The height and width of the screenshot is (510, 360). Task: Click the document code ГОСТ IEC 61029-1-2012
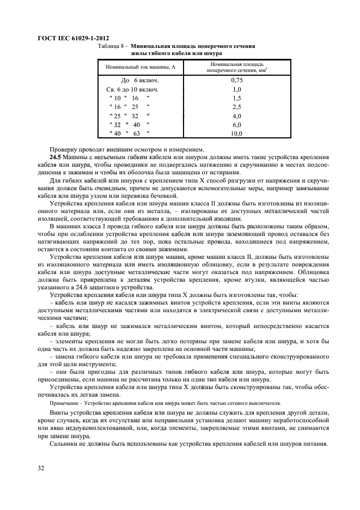(72, 38)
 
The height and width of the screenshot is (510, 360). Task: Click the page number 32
(41, 469)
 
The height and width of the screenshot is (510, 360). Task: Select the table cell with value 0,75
(236, 80)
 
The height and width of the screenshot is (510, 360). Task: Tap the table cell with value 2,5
(236, 106)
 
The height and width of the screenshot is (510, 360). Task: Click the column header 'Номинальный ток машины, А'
(140, 68)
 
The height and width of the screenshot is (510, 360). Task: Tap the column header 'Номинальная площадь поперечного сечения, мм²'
(236, 68)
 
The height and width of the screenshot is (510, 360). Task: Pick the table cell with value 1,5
(236, 98)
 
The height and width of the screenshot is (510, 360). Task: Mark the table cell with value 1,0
(236, 89)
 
